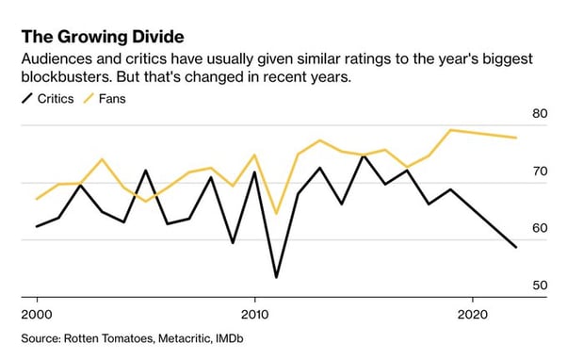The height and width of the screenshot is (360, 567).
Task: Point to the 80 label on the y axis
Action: pos(539,114)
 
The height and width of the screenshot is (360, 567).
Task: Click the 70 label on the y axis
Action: pos(539,172)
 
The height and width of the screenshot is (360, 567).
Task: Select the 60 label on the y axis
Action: pos(539,228)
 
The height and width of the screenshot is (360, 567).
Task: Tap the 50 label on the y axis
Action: pos(539,285)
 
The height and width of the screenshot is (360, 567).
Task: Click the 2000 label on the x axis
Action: pos(37,312)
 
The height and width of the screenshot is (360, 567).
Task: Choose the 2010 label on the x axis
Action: pos(254,312)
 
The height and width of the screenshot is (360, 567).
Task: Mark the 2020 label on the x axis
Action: pos(472,312)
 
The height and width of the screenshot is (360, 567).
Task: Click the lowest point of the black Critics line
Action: pos(276,277)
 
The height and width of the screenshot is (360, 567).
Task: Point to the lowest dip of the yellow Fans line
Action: pos(276,214)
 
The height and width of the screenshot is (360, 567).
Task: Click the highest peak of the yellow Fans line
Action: pos(450,130)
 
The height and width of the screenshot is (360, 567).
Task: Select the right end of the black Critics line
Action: pos(516,248)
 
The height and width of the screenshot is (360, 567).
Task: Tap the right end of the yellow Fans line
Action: pos(516,138)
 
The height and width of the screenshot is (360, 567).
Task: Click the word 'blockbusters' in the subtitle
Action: pos(63,76)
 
